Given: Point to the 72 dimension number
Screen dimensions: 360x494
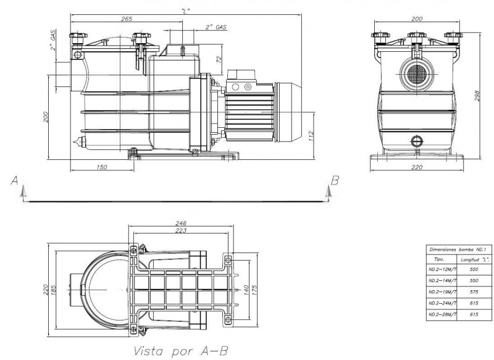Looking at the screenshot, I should [x=218, y=59].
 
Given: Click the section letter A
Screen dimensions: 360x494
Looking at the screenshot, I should [x=14, y=180].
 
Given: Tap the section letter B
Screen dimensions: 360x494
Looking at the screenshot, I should [x=335, y=180].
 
